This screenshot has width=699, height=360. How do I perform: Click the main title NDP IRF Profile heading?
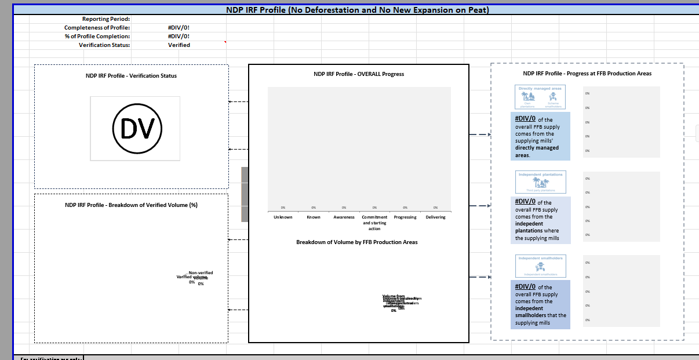click(x=357, y=10)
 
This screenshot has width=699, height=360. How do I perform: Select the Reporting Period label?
click(x=106, y=19)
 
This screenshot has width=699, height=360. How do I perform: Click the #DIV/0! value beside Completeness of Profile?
click(x=179, y=28)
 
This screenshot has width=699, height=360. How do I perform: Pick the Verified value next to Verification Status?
click(x=179, y=45)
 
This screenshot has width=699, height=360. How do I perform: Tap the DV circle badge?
click(x=137, y=128)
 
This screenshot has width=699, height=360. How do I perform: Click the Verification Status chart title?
click(x=131, y=76)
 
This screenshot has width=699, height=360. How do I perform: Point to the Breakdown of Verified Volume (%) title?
click(x=131, y=205)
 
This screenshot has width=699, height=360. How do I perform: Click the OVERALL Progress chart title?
click(x=358, y=74)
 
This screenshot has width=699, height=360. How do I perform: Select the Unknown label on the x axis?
click(x=283, y=217)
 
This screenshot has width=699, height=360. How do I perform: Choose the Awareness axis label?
click(x=344, y=217)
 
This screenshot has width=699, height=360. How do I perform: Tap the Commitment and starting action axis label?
click(x=374, y=223)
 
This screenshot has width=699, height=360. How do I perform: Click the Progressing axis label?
click(x=405, y=217)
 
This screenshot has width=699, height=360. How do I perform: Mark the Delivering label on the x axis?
click(x=435, y=217)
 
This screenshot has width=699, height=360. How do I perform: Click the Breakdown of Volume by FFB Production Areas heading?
click(x=356, y=242)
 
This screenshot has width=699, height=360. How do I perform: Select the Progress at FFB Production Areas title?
click(x=587, y=74)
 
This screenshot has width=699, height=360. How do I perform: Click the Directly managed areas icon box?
click(x=540, y=97)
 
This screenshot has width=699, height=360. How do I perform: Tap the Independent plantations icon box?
click(x=540, y=182)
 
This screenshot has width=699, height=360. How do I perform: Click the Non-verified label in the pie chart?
click(x=201, y=272)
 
